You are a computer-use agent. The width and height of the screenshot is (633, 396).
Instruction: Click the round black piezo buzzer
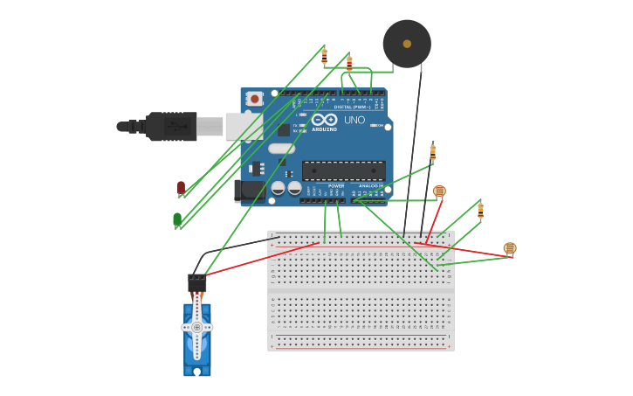tap(407, 44)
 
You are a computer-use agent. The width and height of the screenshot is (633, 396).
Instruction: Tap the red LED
tap(181, 187)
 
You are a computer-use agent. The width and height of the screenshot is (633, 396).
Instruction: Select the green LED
tap(177, 219)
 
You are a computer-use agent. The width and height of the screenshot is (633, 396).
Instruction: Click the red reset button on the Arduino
tap(254, 99)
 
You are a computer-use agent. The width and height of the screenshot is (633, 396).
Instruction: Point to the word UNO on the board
tap(354, 120)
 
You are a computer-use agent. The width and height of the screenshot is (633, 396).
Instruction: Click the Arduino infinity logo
tap(324, 120)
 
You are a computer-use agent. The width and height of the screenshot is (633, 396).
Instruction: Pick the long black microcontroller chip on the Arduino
tap(343, 170)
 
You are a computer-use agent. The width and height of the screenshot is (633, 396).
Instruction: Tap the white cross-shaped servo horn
tap(197, 327)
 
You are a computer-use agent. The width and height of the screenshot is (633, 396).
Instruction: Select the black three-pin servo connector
tap(197, 283)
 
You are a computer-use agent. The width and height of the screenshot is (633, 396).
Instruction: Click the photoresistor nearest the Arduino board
tap(439, 191)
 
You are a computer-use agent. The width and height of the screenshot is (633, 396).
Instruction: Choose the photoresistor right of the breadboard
tap(510, 248)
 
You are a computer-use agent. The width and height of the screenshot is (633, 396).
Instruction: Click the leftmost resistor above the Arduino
tap(324, 56)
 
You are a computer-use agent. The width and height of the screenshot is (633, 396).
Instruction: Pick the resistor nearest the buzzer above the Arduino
tap(349, 63)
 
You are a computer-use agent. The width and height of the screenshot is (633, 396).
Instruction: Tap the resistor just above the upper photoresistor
tap(432, 153)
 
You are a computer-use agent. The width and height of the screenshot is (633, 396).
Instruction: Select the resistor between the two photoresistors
tap(480, 210)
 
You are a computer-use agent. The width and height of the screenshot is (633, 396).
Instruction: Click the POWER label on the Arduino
tap(336, 186)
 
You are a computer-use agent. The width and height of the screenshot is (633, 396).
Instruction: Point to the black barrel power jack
tap(249, 191)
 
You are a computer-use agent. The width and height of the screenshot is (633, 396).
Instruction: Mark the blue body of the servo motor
tap(197, 350)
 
